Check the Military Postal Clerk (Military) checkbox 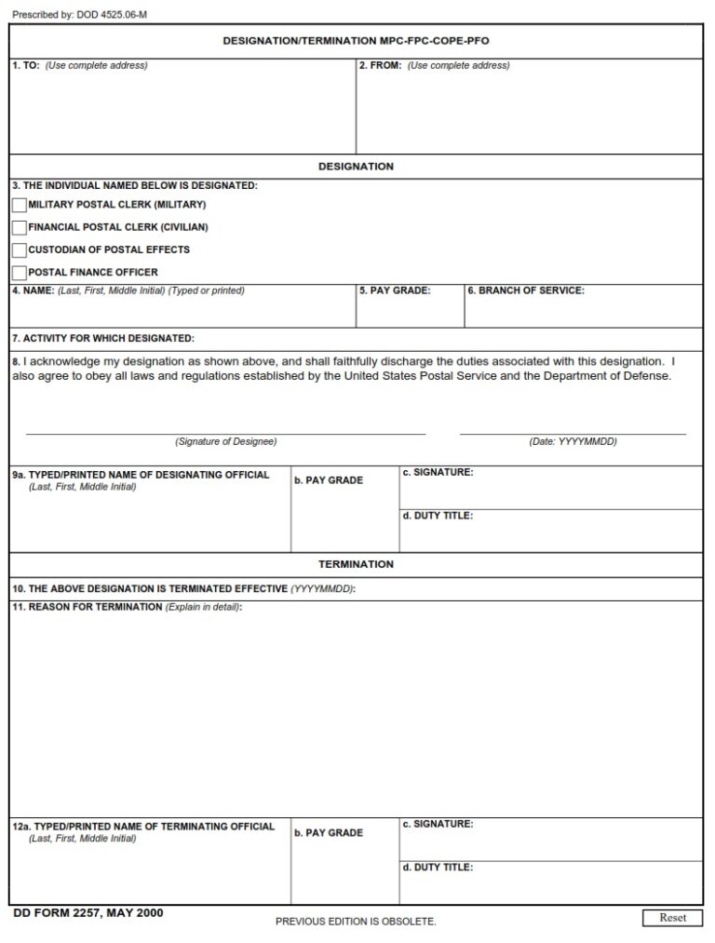20,205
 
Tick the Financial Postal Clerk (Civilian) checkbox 20,227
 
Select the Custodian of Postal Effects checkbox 20,249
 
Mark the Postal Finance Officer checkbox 20,273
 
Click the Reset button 672,918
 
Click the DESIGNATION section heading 356,167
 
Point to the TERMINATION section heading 356,564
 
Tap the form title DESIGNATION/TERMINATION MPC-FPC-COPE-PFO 356,42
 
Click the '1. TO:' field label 26,66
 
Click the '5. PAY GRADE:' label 395,291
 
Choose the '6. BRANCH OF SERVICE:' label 525,291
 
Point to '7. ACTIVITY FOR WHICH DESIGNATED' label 103,338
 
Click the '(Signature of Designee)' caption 225,441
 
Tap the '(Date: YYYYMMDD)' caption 573,441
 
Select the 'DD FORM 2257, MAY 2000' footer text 88,912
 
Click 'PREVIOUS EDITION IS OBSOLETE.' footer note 356,922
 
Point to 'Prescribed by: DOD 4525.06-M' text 79,15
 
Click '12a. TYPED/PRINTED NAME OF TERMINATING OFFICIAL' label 143,827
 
